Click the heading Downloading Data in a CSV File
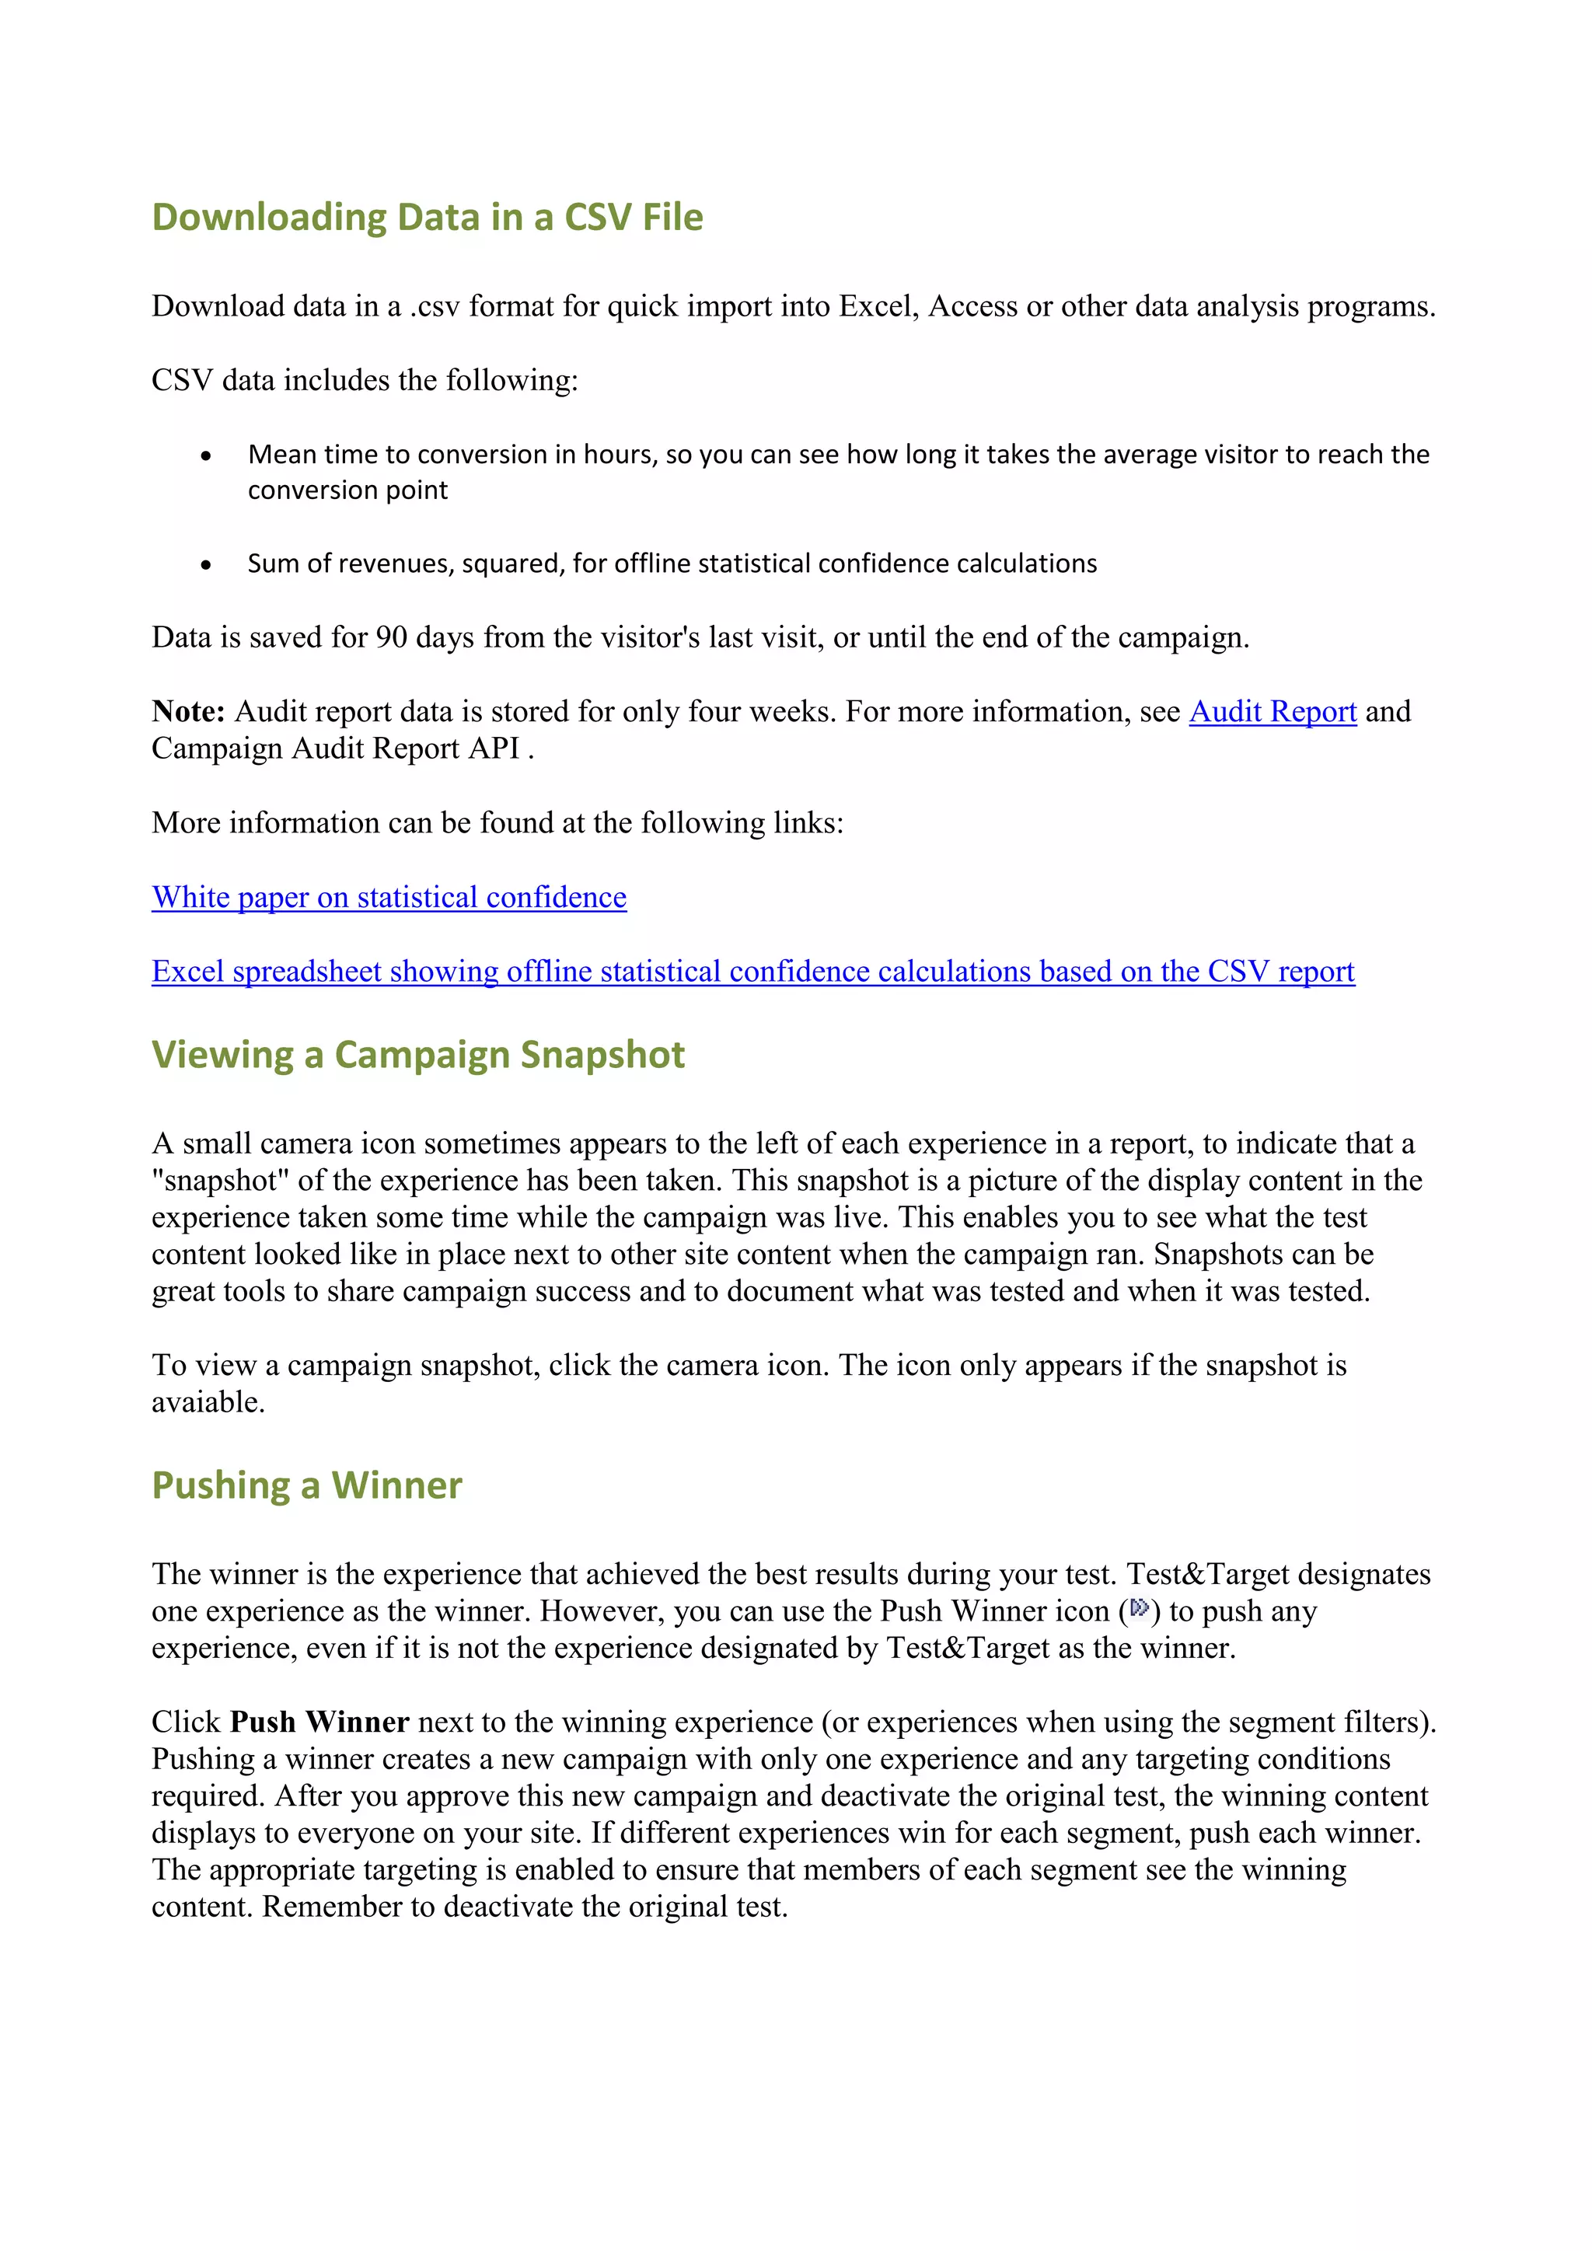coord(428,217)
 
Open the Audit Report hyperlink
coord(1272,712)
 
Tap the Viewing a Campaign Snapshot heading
coord(417,1055)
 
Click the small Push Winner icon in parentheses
coord(1138,1608)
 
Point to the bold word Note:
coord(188,712)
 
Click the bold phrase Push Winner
coord(319,1722)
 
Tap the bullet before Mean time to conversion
coord(206,456)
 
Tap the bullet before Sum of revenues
coord(206,565)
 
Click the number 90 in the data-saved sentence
coord(391,638)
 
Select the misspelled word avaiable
coord(207,1403)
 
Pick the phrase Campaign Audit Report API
coord(335,749)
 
